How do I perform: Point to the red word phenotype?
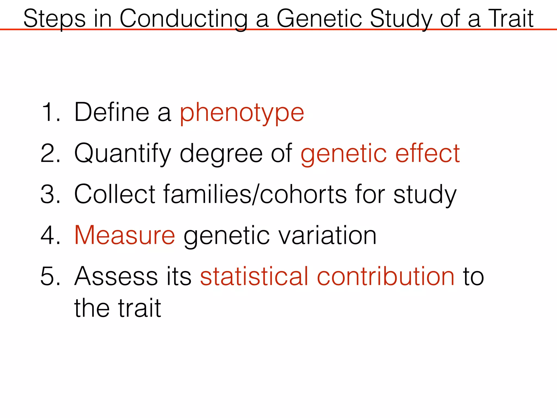click(242, 113)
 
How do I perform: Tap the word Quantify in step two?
click(123, 154)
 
